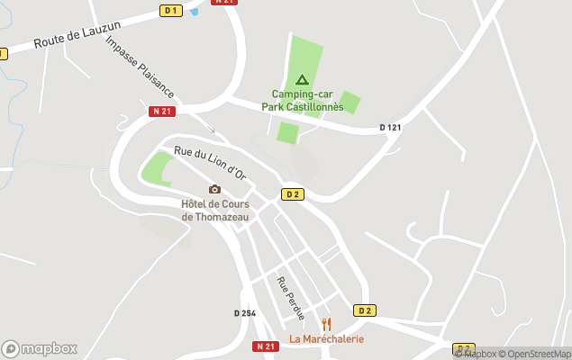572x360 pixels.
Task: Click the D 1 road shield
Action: click(170, 10)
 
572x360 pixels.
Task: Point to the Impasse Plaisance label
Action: click(139, 67)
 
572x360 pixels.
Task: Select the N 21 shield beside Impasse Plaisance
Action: click(162, 111)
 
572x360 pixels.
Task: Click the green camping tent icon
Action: click(302, 79)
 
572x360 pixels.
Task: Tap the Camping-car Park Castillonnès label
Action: click(302, 100)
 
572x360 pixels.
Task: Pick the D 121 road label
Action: click(390, 128)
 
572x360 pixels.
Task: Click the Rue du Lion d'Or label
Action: click(210, 164)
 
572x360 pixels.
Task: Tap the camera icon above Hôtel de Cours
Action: click(214, 189)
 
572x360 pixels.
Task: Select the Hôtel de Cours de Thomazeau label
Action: click(214, 210)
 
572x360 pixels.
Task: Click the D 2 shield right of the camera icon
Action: click(292, 194)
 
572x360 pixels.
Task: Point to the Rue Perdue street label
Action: click(291, 298)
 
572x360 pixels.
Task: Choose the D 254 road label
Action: click(245, 313)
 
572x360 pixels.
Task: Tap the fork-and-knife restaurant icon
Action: click(326, 324)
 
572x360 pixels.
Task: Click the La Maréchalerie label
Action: click(326, 339)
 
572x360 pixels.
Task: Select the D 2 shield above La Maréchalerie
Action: click(364, 310)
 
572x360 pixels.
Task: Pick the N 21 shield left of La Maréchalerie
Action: click(265, 346)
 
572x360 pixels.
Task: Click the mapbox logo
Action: click(39, 348)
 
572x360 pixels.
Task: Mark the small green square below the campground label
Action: click(287, 133)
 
